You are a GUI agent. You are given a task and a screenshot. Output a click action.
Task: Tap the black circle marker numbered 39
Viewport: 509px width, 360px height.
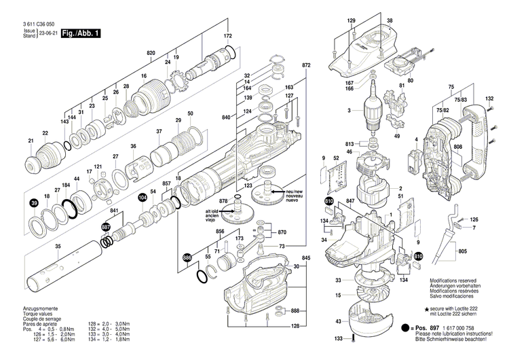33,203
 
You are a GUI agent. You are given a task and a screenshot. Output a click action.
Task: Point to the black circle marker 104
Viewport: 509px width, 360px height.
142,197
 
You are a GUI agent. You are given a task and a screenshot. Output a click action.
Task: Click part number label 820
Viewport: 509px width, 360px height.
151,53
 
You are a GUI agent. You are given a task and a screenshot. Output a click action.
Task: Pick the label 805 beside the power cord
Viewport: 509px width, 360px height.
463,252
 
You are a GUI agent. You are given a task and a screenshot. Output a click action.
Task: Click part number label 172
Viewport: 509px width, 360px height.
228,35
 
